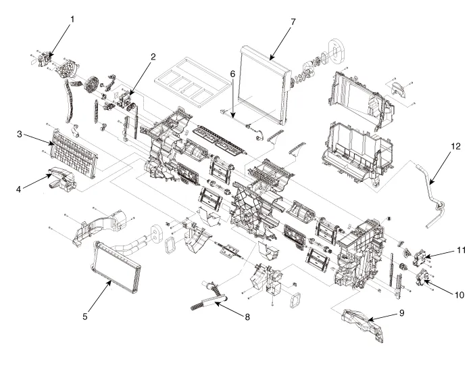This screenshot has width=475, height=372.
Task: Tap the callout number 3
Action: pos(21,133)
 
